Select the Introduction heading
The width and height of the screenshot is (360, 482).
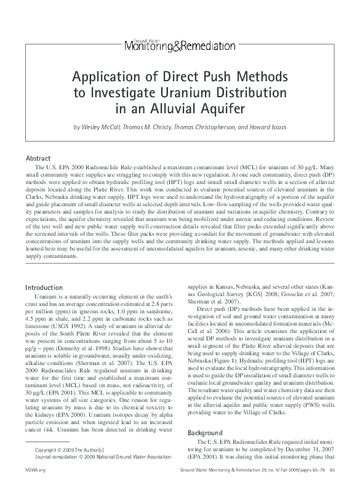(44, 287)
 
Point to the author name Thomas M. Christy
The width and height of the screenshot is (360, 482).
(151, 127)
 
